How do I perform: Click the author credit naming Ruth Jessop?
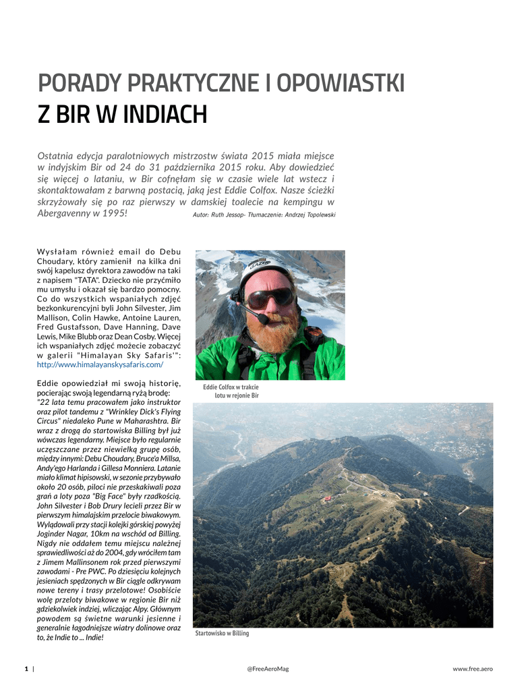tap(264, 215)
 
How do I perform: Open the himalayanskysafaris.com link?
tap(100, 364)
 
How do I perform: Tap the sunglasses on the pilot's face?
tap(270, 298)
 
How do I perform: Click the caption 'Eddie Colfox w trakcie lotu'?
tap(231, 391)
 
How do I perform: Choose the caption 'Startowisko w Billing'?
tap(222, 634)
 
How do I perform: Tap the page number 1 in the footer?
tap(26, 669)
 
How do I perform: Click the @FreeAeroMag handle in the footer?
tap(268, 669)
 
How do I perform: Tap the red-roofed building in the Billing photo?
tap(328, 499)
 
